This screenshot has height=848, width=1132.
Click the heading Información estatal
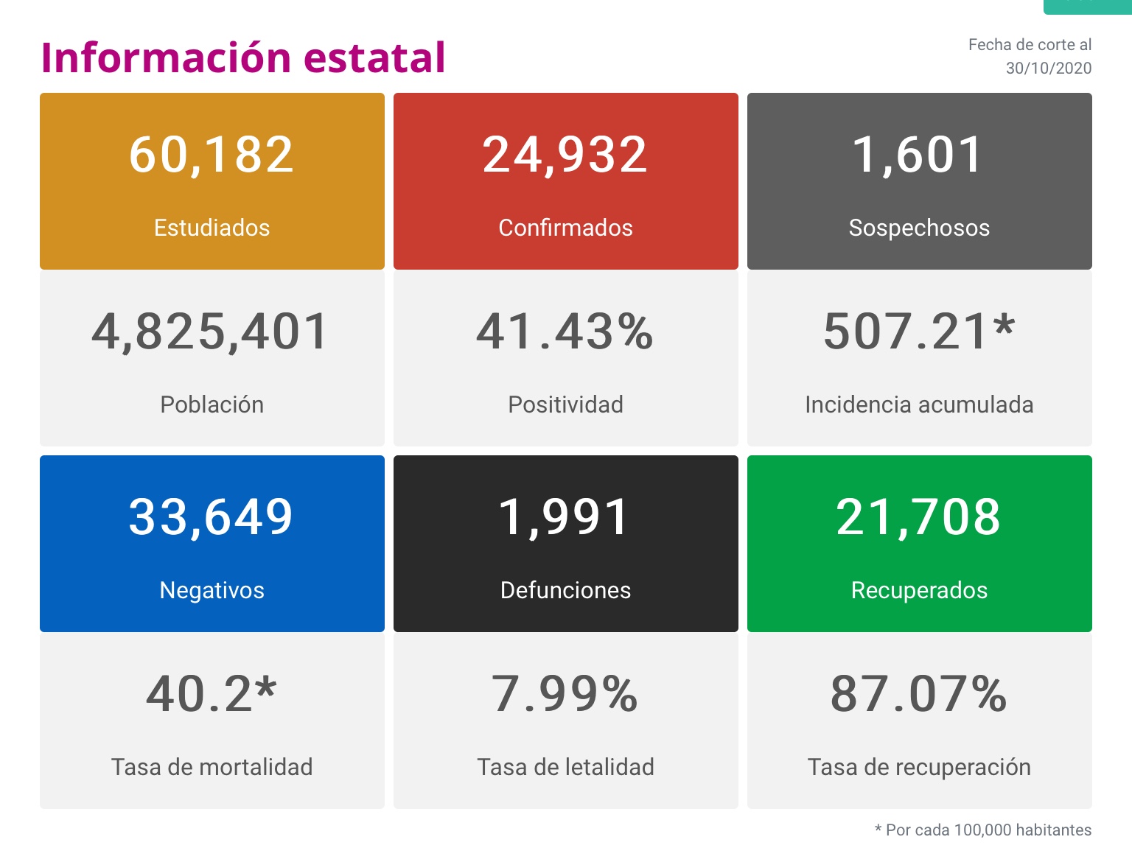pyautogui.click(x=243, y=57)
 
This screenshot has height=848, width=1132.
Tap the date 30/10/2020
pyautogui.click(x=1048, y=69)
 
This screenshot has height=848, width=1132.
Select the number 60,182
pyautogui.click(x=212, y=155)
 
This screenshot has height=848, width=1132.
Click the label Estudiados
pyautogui.click(x=212, y=228)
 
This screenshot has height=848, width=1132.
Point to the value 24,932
pyautogui.click(x=565, y=155)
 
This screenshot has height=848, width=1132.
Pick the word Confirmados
pyautogui.click(x=565, y=228)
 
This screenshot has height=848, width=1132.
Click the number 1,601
pyautogui.click(x=918, y=155)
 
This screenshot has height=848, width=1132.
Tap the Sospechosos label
pyautogui.click(x=919, y=228)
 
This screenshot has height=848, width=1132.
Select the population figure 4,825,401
pyautogui.click(x=211, y=332)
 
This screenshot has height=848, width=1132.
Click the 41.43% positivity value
pyautogui.click(x=565, y=332)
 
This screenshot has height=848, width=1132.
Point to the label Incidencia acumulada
pyautogui.click(x=919, y=404)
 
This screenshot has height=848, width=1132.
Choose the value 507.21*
pyautogui.click(x=919, y=332)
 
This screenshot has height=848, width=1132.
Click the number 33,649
pyautogui.click(x=212, y=517)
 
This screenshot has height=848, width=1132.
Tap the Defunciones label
pyautogui.click(x=565, y=590)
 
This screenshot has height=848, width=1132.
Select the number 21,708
pyautogui.click(x=918, y=517)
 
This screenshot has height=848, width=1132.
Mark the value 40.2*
pyautogui.click(x=212, y=694)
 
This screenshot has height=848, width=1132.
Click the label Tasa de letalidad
pyautogui.click(x=565, y=767)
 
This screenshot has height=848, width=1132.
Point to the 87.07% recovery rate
pyautogui.click(x=918, y=694)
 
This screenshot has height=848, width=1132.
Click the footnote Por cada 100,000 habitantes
pyautogui.click(x=988, y=830)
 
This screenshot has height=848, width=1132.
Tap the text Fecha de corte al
pyautogui.click(x=1030, y=45)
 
